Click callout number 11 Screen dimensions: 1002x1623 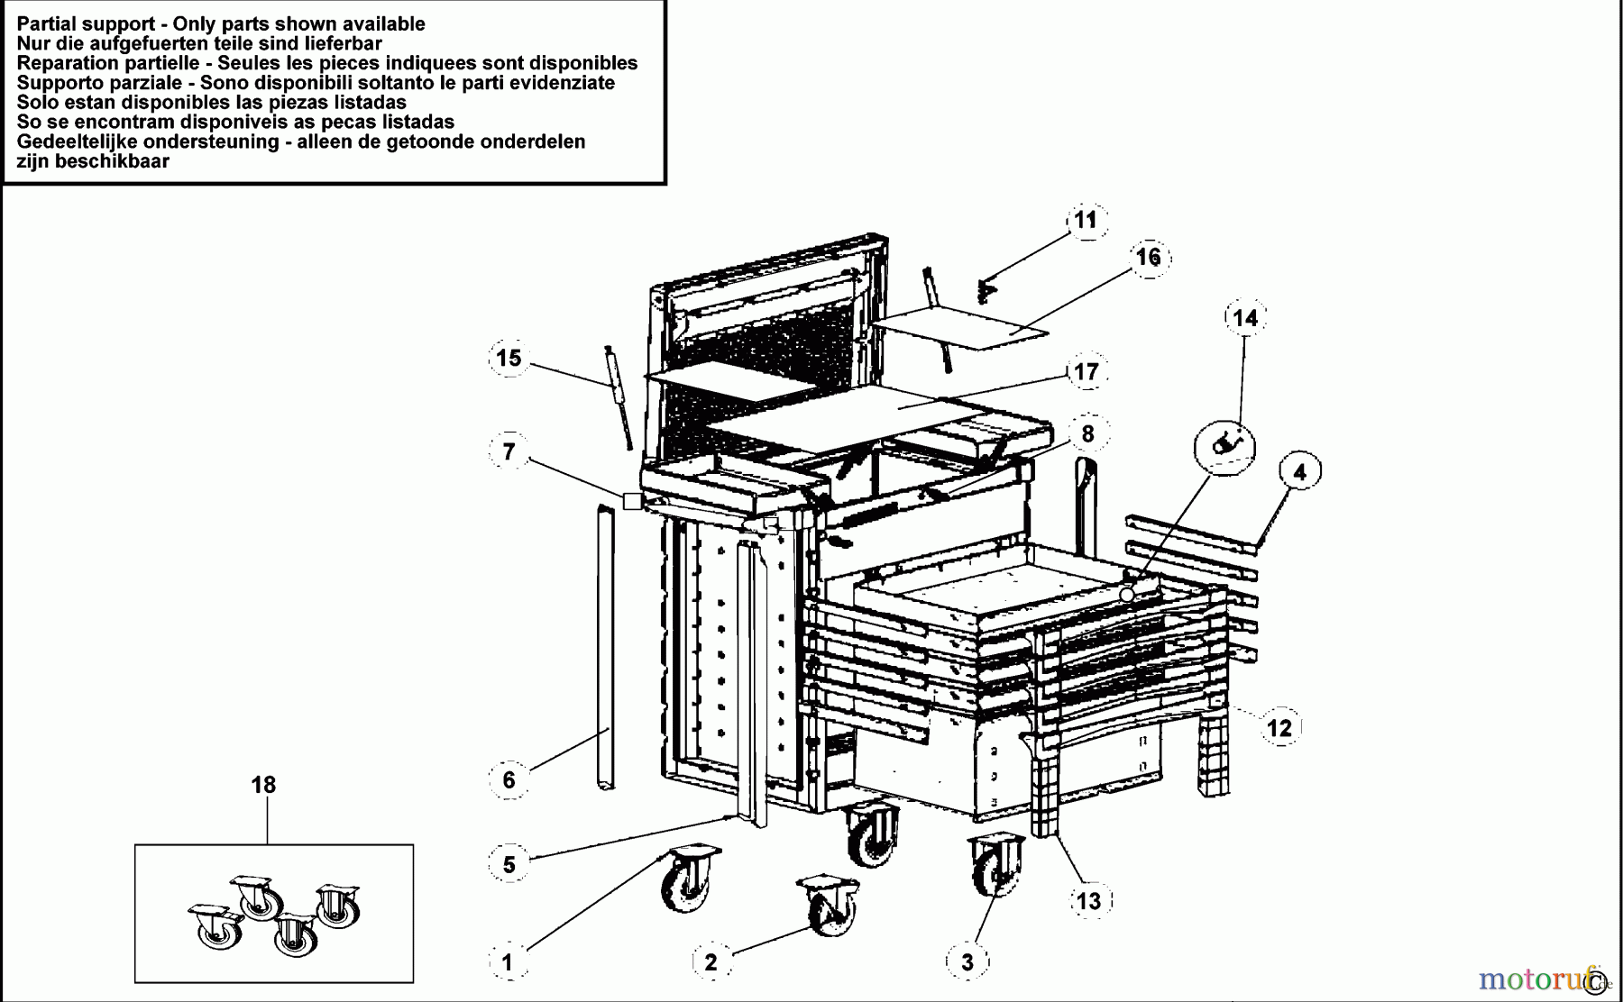[1085, 220]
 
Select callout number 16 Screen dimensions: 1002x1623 [1148, 257]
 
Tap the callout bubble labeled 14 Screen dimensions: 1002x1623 [1244, 317]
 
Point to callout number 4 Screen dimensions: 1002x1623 [1298, 471]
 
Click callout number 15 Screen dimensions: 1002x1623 [509, 358]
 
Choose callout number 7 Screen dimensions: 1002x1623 [509, 451]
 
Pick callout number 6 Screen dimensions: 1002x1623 [509, 779]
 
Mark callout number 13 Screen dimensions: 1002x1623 [1088, 900]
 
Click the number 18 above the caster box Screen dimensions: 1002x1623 [263, 785]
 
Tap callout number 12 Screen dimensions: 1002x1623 [1279, 727]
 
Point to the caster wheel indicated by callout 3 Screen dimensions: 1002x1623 [996, 864]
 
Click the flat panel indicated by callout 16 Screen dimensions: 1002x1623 [960, 326]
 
